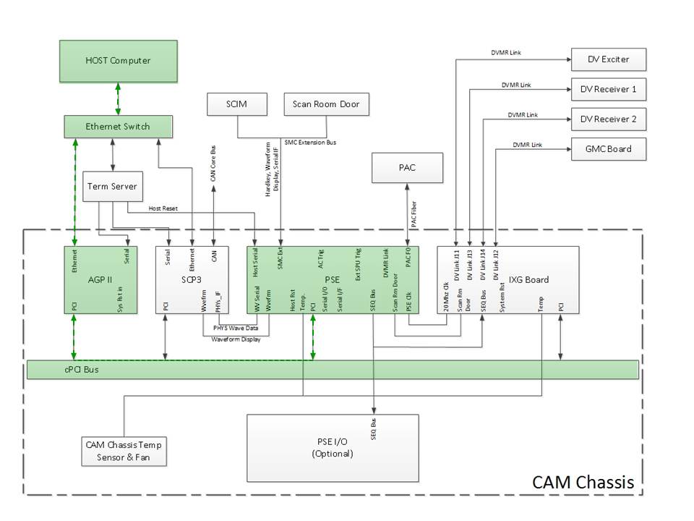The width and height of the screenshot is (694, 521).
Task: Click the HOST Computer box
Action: pos(118,61)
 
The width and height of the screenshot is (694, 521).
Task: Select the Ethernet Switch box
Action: pos(118,127)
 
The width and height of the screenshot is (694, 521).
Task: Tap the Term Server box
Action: pos(112,187)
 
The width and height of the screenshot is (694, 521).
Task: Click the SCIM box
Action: pos(236,104)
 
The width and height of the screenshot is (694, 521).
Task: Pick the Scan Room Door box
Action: pos(325,104)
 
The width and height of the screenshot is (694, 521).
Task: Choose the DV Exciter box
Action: pos(608,59)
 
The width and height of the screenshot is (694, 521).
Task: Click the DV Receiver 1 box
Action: pos(608,89)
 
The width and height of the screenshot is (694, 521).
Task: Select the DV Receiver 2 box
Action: pos(608,119)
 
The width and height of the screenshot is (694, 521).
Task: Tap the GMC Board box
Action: pos(608,149)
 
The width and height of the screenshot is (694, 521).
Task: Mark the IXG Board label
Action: pos(528,280)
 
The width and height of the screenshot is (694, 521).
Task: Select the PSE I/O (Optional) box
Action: pos(333,448)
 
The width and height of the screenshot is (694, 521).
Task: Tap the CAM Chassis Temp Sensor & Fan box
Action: pos(124,452)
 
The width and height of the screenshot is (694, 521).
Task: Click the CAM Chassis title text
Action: pos(583,482)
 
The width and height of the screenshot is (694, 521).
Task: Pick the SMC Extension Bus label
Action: pos(310,143)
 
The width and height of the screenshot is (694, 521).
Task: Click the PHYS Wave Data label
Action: pos(236,328)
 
